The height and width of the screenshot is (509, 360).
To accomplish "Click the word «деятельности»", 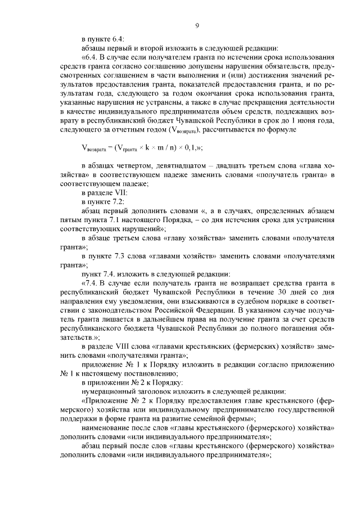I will (310, 105).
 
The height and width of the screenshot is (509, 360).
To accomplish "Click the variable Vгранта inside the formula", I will (126, 148).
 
